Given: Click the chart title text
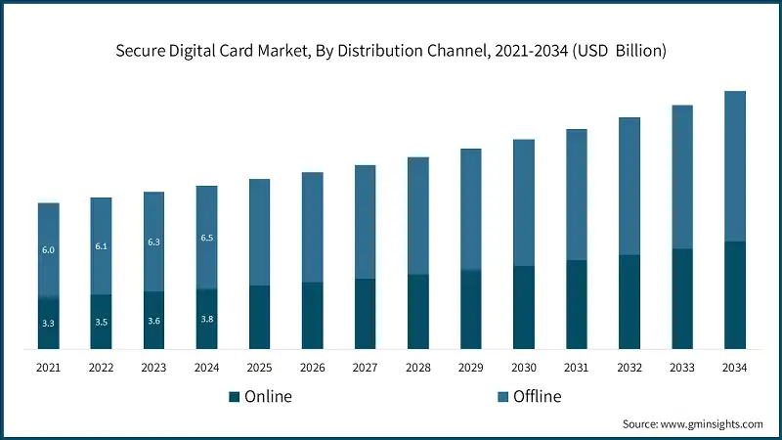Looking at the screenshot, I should pos(391,51).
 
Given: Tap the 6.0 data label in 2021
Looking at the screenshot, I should pos(48,250).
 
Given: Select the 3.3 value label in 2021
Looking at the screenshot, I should pos(48,322).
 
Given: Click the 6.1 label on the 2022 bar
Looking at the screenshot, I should pos(101,246).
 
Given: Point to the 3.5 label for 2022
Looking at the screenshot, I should pos(101,321).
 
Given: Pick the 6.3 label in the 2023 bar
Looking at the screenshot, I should pos(153,242).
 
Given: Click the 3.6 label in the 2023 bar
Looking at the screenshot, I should pos(153,320).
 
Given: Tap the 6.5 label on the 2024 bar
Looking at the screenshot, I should pos(206,238).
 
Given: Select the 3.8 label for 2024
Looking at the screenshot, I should pos(206,319).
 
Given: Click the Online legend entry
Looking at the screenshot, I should pos(260,396).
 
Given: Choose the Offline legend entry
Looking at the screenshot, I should pos(529,396).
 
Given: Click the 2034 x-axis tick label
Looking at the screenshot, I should pos(734,368).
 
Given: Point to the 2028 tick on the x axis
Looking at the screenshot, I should pos(417,368).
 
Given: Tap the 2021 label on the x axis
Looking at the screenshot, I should pos(48,368).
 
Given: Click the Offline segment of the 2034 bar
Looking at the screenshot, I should pos(734,166).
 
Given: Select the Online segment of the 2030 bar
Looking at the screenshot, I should pos(523,307).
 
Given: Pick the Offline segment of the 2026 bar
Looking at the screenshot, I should pos(312,227).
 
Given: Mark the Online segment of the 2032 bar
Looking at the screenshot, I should pos(629,301).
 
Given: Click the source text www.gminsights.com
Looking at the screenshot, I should pos(692,423).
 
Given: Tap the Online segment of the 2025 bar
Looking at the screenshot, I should pos(259,317).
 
